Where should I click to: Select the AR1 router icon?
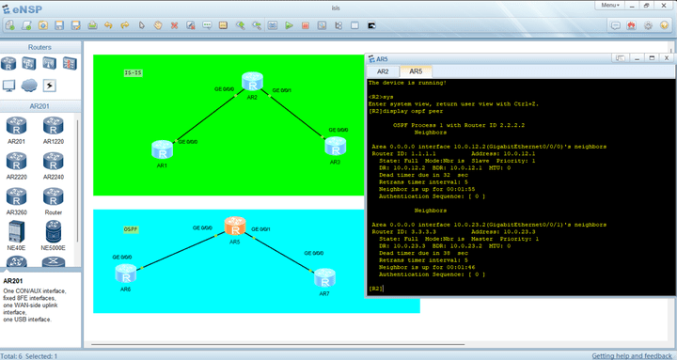coord(162,149)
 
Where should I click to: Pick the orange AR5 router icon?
coord(235,227)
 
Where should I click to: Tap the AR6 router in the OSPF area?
coord(126,274)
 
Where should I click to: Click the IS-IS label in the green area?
coord(134,72)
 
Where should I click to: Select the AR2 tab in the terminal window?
coord(383,71)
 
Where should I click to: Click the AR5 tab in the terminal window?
coord(415,71)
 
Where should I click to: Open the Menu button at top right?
coord(637,6)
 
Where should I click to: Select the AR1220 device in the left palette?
coord(53,126)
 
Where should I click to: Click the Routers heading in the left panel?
coord(39,46)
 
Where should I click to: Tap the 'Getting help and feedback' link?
coord(632,355)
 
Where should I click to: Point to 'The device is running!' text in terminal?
coord(407,83)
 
